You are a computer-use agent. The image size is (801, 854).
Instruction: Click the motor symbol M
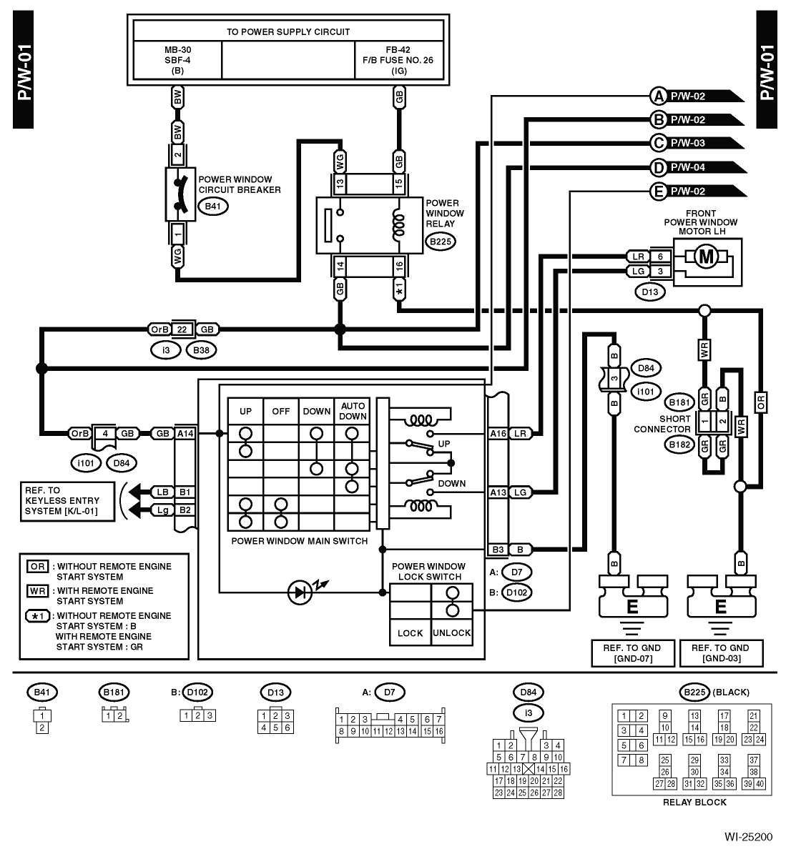tap(706, 257)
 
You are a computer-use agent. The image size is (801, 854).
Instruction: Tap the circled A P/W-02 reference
tap(658, 96)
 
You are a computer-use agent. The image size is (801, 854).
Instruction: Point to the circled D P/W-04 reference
tap(658, 168)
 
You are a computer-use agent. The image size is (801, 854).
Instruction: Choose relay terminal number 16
tap(399, 267)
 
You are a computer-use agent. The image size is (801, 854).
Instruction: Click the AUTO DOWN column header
tap(353, 411)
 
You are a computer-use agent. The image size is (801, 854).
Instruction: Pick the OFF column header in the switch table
tap(281, 412)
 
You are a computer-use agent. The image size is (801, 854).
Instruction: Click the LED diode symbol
tap(299, 592)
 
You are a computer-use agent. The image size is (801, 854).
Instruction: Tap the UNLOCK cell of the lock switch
tap(451, 632)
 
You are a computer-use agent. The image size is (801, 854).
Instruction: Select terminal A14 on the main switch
tap(185, 433)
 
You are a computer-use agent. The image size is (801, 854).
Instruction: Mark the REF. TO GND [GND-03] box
tap(720, 652)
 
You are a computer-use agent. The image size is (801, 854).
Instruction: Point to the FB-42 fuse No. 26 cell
tap(398, 61)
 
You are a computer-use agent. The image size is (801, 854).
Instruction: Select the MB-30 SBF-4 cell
tap(177, 61)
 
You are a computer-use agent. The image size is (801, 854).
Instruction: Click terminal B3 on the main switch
tap(498, 550)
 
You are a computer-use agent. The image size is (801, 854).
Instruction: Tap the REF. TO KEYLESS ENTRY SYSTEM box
tap(62, 501)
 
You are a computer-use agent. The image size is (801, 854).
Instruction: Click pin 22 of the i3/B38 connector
tap(182, 329)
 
